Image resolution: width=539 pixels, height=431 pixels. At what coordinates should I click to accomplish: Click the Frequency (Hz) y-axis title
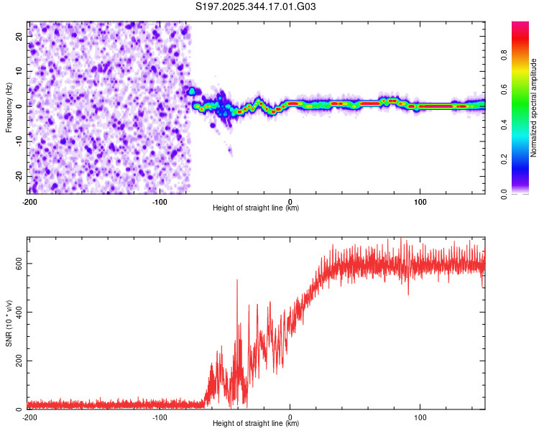coord(9,108)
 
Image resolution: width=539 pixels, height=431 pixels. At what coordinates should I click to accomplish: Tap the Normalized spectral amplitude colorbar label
coord(533,108)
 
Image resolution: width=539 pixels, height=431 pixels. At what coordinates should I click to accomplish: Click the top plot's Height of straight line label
coord(256,208)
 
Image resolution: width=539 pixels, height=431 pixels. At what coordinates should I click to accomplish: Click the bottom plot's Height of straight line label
coord(256,423)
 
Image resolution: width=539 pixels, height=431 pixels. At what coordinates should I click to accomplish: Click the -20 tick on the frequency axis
coord(18,176)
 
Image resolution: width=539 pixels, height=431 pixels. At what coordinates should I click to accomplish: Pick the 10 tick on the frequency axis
coord(19,70)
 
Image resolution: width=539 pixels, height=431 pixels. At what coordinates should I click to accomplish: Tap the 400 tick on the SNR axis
coord(17,312)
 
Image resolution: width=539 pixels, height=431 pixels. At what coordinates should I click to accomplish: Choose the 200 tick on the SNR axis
coord(17,361)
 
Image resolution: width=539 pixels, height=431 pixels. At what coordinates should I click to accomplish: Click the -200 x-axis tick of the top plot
coord(30,200)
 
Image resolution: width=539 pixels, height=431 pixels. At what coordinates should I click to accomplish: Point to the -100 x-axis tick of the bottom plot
coord(160,416)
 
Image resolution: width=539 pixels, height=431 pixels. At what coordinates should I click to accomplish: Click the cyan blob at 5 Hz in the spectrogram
coord(191,91)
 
